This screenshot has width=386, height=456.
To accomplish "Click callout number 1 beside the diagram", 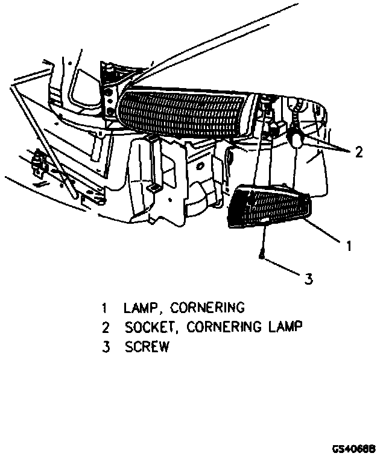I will coord(349,245).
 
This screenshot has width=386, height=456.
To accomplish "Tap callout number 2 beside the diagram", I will coord(359,152).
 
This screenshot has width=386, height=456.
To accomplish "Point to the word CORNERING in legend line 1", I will coord(207,308).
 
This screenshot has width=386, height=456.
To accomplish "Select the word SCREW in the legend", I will coord(147,347).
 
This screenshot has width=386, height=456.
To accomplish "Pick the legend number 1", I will coord(104,308).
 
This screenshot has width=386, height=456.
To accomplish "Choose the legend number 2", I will coord(105,328).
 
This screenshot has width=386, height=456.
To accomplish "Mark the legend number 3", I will coord(105,347).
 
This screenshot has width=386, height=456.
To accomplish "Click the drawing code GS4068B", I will coord(354,449).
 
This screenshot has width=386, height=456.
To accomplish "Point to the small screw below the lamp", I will coord(261,255).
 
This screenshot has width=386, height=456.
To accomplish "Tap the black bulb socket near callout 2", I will coord(296,138).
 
